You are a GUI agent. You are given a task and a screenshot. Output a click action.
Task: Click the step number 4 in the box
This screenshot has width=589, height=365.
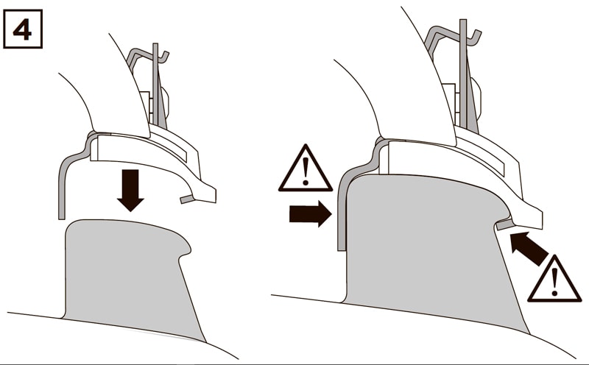point(22,29)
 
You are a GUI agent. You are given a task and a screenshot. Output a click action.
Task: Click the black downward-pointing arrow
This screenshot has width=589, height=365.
point(130,190)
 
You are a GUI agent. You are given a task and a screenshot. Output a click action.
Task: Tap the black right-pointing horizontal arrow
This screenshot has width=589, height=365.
point(310,213)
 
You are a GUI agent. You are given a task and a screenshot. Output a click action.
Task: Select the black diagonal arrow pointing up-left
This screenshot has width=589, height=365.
point(528,248)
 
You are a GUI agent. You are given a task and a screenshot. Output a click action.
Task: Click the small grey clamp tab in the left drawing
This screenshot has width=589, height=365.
point(186,199)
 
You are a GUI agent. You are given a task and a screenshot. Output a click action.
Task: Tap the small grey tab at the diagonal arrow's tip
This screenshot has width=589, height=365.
point(504,224)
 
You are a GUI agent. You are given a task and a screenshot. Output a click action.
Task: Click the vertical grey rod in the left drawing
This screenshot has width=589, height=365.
point(155,85)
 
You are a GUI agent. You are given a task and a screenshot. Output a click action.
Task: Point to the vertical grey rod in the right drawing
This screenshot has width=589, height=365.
point(463,74)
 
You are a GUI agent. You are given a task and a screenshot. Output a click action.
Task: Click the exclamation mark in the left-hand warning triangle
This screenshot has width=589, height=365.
point(306,171)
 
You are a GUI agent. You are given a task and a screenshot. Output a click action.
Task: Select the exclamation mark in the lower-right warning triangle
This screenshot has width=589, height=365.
point(554,283)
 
